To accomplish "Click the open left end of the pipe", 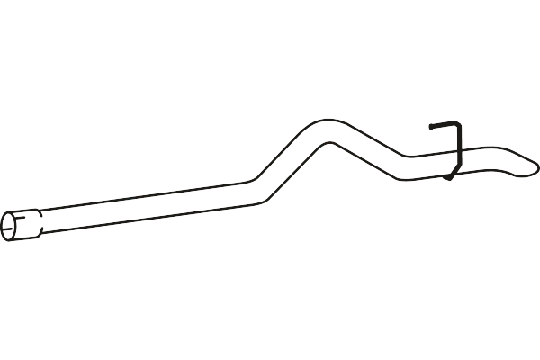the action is coord(12,226).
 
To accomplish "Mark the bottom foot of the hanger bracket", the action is coord(447,177).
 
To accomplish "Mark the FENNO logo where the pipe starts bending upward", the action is coord(238,198).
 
